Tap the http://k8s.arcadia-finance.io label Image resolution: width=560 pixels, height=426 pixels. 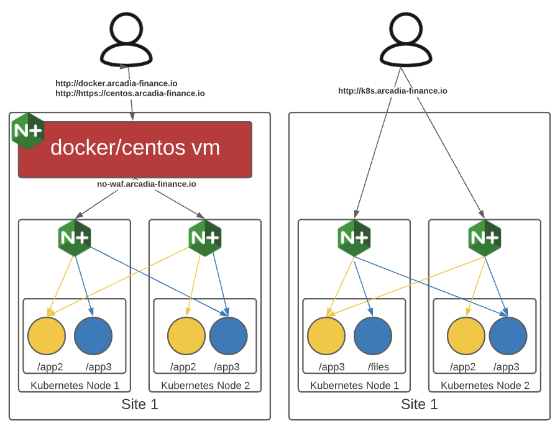coord(392,91)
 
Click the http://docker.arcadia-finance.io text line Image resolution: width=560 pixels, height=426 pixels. coord(116,83)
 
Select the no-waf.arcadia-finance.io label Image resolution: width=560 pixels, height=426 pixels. coord(147,184)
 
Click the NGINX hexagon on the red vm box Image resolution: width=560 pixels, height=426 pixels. coord(28,130)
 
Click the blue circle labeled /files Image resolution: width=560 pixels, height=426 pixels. coord(373,336)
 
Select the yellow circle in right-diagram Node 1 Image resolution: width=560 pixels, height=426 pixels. coord(326,336)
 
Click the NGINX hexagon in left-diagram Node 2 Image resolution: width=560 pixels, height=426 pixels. coord(205,238)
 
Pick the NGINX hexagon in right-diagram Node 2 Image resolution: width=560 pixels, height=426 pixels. coord(485,238)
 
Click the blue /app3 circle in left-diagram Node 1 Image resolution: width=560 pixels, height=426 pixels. coord(93,336)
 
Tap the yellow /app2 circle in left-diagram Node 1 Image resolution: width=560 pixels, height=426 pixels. coord(47,336)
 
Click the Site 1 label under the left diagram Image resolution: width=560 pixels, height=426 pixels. coord(139,405)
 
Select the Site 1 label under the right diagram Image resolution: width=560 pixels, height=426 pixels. coord(419,405)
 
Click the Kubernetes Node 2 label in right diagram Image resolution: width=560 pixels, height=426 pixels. coord(485,386)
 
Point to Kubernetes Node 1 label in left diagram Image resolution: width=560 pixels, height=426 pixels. coord(75,386)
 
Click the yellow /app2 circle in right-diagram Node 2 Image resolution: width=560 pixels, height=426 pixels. coord(466,336)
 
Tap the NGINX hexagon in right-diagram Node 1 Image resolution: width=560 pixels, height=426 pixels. coord(354,238)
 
